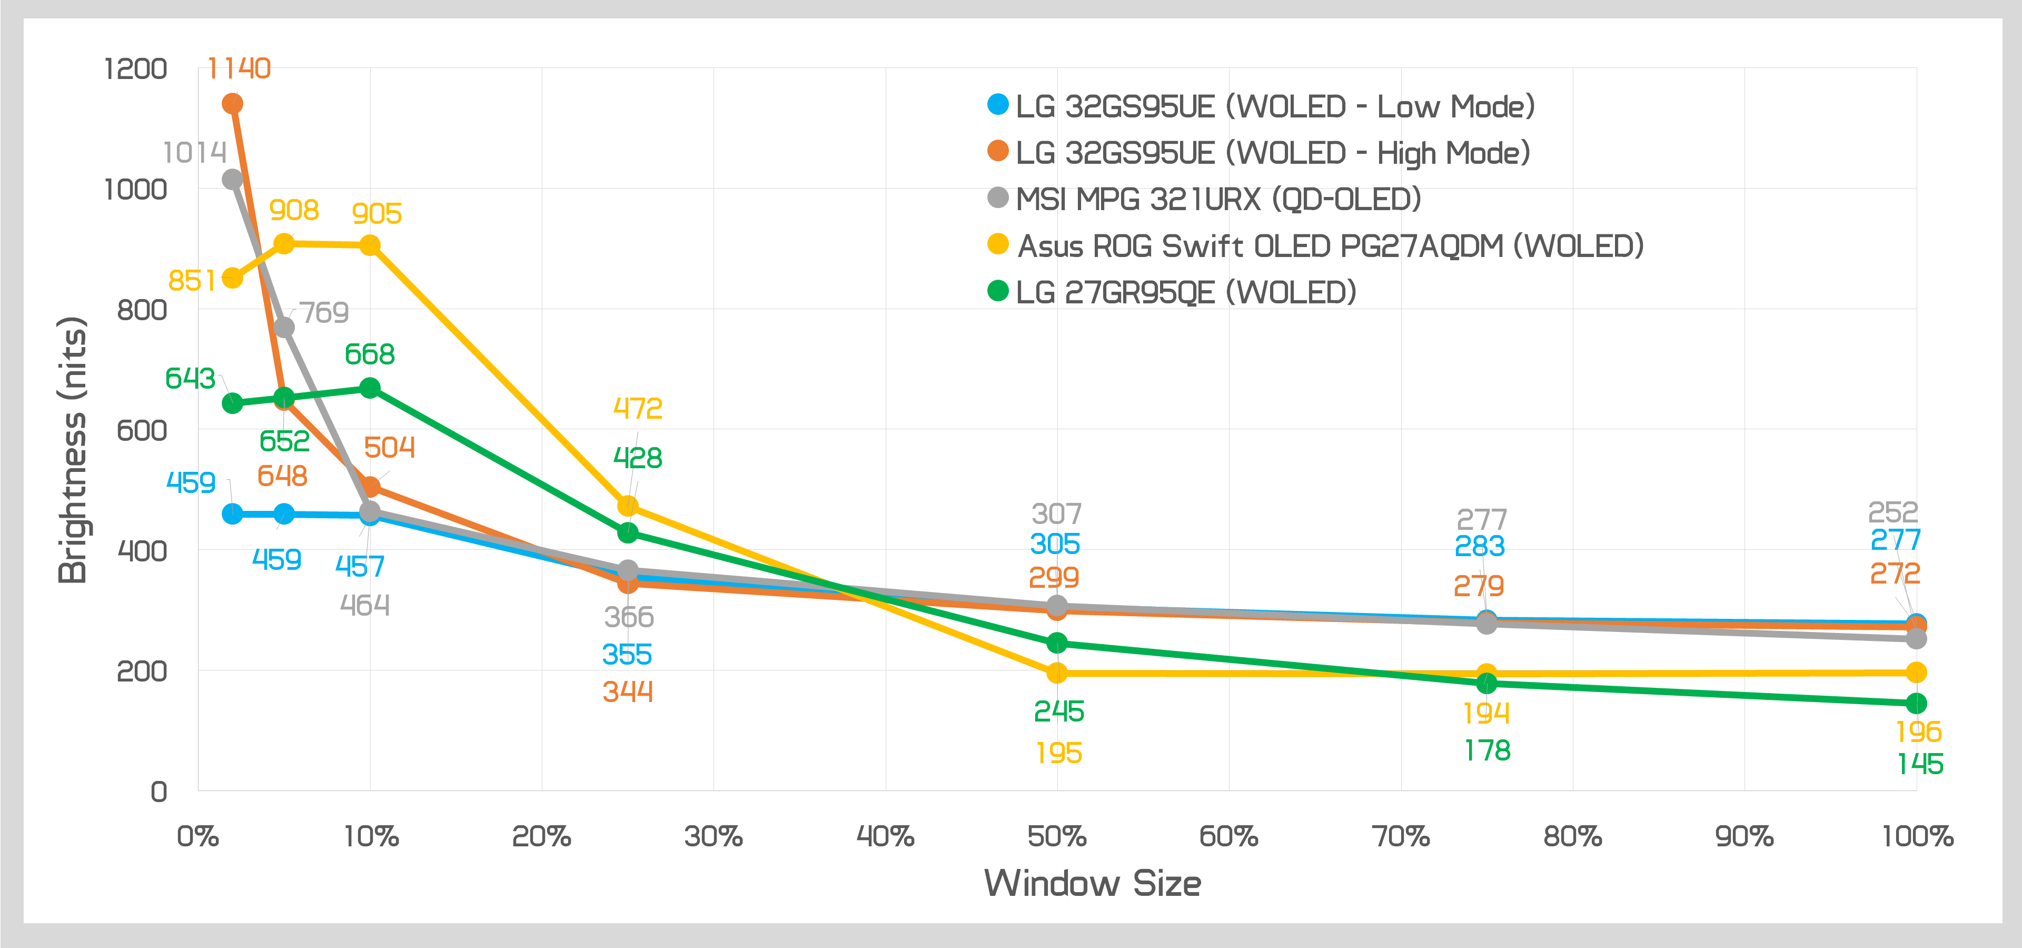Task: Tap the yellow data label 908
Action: coord(294,210)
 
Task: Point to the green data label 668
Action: coord(370,355)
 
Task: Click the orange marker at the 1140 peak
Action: coord(232,104)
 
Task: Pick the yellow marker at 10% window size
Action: coord(370,245)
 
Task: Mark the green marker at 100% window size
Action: coord(1916,703)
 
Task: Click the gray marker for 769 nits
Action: coord(284,327)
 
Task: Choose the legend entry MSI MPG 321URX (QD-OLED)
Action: coord(1217,199)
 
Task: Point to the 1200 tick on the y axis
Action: coord(136,69)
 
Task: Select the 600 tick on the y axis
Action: coord(141,430)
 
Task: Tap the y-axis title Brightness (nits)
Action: coord(72,450)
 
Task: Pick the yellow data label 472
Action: coord(637,408)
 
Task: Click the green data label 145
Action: coord(1920,764)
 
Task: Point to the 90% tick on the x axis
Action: coord(1744,836)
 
